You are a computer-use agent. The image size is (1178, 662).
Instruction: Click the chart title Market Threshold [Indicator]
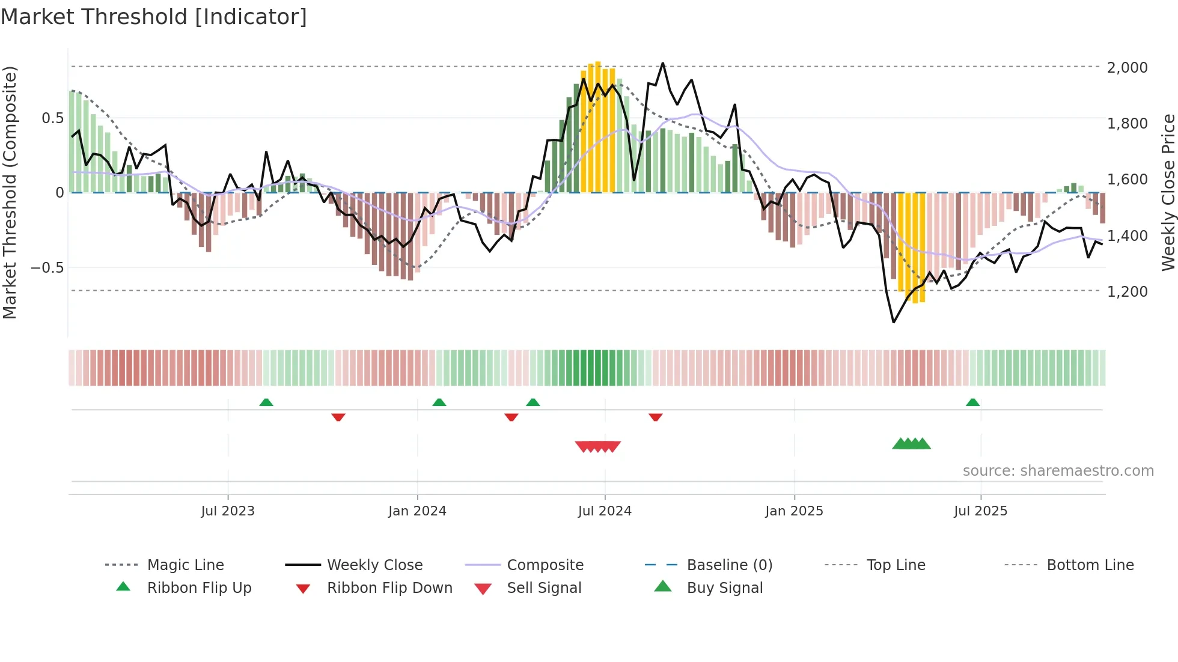[x=154, y=17]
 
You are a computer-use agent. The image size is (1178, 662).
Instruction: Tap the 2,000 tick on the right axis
[x=1127, y=67]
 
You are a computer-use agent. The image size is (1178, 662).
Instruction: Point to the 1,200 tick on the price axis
[x=1127, y=291]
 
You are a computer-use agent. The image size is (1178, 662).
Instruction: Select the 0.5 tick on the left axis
[x=53, y=118]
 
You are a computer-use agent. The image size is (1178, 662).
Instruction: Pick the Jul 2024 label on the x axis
[x=605, y=511]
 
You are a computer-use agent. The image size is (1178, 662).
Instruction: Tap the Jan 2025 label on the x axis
[x=794, y=511]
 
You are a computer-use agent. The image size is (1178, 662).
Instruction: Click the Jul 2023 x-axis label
[x=228, y=511]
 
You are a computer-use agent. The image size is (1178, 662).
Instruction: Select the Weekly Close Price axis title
[x=1168, y=192]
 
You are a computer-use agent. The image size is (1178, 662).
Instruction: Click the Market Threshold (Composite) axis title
[x=10, y=192]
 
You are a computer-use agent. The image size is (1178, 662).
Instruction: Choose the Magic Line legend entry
[x=185, y=565]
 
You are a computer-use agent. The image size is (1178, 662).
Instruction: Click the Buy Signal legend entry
[x=724, y=588]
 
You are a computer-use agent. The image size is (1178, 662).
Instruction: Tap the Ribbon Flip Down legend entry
[x=389, y=588]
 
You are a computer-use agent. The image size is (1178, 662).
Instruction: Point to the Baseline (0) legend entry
[x=729, y=565]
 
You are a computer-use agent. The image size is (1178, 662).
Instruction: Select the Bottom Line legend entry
[x=1090, y=565]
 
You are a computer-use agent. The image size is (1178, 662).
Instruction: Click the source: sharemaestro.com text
[x=1058, y=471]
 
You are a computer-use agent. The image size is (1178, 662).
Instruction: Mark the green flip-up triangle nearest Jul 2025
[x=973, y=402]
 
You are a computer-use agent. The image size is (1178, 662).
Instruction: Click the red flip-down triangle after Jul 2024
[x=656, y=417]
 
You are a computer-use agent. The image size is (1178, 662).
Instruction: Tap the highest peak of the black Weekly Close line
[x=663, y=63]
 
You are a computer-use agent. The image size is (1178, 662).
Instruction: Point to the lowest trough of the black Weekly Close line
[x=894, y=323]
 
